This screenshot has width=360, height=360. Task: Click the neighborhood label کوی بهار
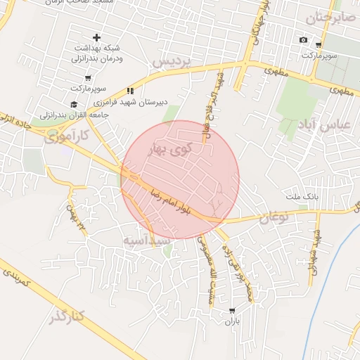172,150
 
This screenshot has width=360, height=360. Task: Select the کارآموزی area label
67,135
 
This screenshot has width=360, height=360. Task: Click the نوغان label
274,218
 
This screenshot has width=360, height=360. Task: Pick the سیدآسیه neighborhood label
147,240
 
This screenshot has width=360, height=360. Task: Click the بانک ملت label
307,197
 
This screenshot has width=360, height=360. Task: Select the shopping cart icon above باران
232,310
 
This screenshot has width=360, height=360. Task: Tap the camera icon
303,40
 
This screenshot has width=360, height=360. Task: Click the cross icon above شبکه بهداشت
96,37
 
